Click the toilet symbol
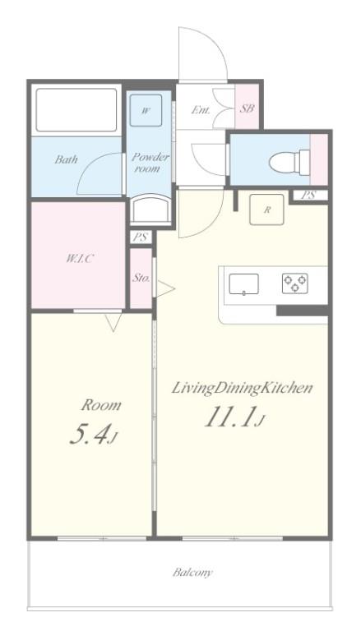click(289, 162)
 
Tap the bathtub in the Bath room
click(76, 110)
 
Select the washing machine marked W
click(146, 111)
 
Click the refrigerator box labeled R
click(266, 210)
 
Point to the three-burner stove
click(295, 282)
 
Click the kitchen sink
click(243, 284)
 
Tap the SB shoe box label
click(247, 108)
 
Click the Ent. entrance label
click(200, 110)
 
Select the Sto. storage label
click(141, 278)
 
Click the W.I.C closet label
click(80, 259)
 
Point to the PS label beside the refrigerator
click(308, 196)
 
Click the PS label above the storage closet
click(141, 237)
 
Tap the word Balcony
click(192, 572)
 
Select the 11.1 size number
click(231, 418)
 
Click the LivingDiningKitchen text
click(242, 389)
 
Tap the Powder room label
click(150, 163)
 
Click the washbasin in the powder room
click(150, 209)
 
